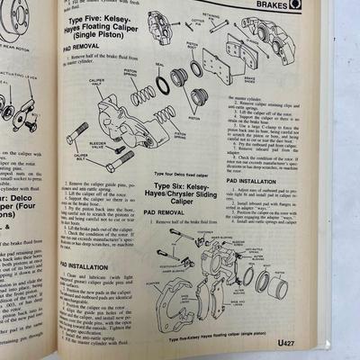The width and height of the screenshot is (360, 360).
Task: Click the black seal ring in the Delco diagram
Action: point(162,85)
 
